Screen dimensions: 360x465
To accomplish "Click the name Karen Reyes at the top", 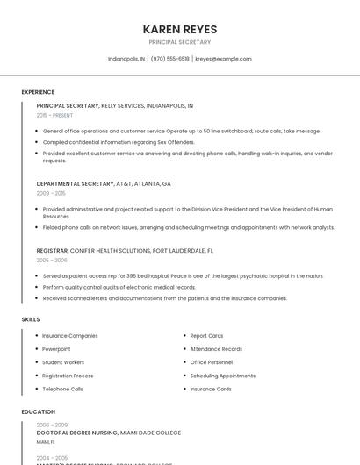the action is point(179,29).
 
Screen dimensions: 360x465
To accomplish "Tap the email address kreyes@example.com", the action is point(223,59).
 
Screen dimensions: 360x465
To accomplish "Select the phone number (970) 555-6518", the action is point(169,59).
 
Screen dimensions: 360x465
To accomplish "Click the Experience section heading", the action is point(38,92).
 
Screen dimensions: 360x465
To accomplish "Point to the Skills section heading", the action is point(31,319).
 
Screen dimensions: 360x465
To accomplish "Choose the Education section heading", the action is point(38,411).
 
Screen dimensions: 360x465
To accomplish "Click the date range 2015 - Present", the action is point(54,115).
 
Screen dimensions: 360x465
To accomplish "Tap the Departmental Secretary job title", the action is point(76,184).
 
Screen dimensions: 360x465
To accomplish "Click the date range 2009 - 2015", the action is point(51,193).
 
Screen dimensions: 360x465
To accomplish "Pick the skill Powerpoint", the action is point(56,349).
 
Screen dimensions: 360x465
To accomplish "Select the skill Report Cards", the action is point(206,336).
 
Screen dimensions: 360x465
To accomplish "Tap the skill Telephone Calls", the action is point(62,389).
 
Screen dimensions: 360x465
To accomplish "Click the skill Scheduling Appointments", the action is point(222,376).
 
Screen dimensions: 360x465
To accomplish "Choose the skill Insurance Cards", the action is point(211,389).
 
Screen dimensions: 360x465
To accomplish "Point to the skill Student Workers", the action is point(63,362).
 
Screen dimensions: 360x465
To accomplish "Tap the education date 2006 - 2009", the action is point(52,424).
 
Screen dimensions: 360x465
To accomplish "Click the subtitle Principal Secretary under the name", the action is point(179,42).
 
